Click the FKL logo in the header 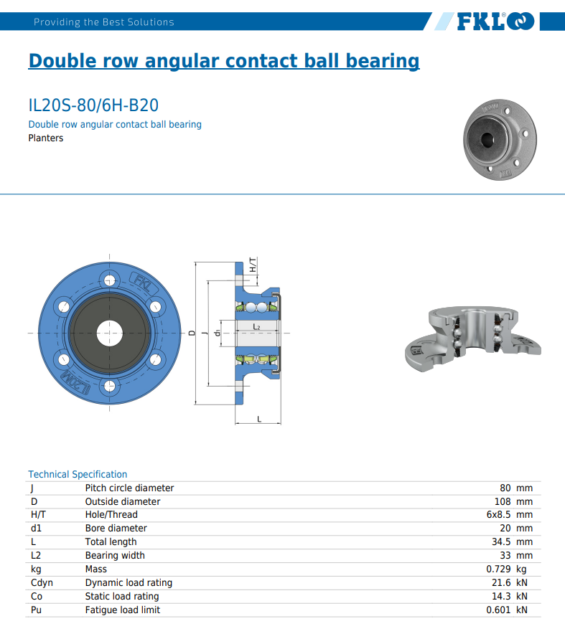[x=495, y=22]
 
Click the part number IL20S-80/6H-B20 [x=93, y=105]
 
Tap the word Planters [x=46, y=138]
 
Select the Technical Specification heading [x=78, y=474]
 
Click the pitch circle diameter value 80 [x=505, y=488]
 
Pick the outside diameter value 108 [x=503, y=502]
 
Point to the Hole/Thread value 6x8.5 [x=498, y=515]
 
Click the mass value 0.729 [x=498, y=569]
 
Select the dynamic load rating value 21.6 [x=501, y=583]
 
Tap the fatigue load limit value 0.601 [x=498, y=610]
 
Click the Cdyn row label [x=42, y=583]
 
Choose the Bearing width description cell [x=115, y=556]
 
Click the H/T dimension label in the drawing [x=253, y=265]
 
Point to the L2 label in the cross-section [x=256, y=327]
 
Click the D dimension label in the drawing [x=192, y=333]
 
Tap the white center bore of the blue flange [x=109, y=333]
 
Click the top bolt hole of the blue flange [x=109, y=280]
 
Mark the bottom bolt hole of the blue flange [x=109, y=386]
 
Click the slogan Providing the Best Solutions [x=104, y=22]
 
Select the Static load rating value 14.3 [x=501, y=596]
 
